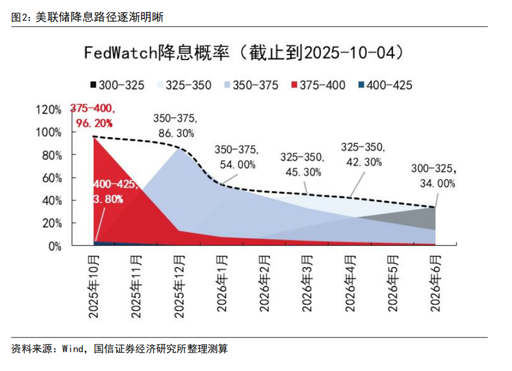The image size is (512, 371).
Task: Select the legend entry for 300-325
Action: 116,85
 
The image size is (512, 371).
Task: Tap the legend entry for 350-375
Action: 249,85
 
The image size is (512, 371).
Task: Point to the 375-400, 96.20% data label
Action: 92,115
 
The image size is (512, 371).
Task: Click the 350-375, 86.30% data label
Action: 175,126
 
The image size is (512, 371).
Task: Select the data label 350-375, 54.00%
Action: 236,158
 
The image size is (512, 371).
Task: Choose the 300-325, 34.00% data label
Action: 433,176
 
